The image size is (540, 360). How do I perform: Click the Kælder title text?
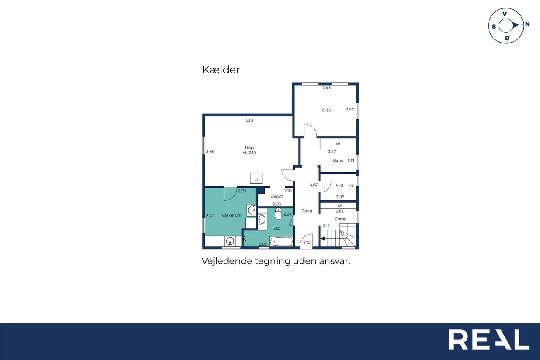pyautogui.click(x=221, y=70)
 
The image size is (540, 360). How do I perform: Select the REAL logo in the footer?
pyautogui.click(x=489, y=339)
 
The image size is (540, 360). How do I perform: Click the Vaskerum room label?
pyautogui.click(x=232, y=215)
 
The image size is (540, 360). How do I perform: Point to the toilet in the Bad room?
pyautogui.click(x=278, y=214)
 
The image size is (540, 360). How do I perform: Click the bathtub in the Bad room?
pyautogui.click(x=281, y=241)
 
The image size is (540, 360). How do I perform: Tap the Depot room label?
pyautogui.click(x=276, y=196)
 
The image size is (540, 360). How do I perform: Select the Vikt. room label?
pyautogui.click(x=340, y=185)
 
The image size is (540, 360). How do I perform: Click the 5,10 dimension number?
pyautogui.click(x=249, y=120)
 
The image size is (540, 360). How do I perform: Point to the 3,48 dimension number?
pyautogui.click(x=327, y=88)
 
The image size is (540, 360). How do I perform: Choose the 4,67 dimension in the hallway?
pyautogui.click(x=313, y=185)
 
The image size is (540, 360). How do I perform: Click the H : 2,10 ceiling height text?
pyautogui.click(x=249, y=152)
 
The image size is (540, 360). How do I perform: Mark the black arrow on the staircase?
pyautogui.click(x=322, y=238)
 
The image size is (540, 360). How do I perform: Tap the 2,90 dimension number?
pyautogui.click(x=350, y=110)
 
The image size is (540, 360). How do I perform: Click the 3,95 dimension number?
pyautogui.click(x=210, y=152)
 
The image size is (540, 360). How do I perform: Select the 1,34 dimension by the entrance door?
pyautogui.click(x=307, y=243)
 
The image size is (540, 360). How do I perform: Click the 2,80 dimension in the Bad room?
pyautogui.click(x=263, y=244)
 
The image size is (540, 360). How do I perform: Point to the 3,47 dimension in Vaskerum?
pyautogui.click(x=210, y=216)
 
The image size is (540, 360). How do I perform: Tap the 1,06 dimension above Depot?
pyautogui.click(x=288, y=191)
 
